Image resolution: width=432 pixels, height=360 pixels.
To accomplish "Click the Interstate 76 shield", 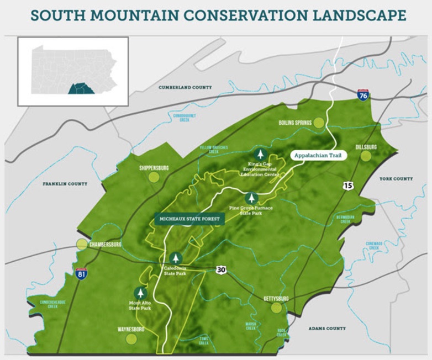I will click(x=363, y=94).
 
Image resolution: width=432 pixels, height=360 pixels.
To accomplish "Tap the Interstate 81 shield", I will click(x=81, y=273).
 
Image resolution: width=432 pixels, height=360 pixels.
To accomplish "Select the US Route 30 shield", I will click(x=222, y=269).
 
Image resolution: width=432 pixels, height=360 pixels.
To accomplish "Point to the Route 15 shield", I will click(x=347, y=186).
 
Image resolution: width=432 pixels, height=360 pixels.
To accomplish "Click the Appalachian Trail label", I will click(x=319, y=155).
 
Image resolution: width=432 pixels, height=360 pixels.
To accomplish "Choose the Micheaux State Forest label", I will click(x=189, y=219).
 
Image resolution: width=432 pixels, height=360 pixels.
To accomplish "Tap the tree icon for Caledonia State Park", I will click(x=176, y=258).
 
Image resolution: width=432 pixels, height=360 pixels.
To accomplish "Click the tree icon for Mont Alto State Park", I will click(x=141, y=293).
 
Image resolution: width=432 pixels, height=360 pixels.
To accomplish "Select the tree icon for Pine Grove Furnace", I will click(x=251, y=198).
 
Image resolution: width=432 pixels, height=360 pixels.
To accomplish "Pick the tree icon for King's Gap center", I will click(x=260, y=155).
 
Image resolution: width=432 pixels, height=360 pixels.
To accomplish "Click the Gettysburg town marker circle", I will click(x=276, y=308).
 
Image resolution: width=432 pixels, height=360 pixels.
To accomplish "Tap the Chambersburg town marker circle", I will click(x=82, y=244).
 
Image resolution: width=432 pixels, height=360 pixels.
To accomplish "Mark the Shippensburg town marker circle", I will click(x=154, y=177).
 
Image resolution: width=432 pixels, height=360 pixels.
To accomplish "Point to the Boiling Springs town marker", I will click(x=319, y=123).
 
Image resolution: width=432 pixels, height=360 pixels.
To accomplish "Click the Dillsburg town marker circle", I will click(x=366, y=156).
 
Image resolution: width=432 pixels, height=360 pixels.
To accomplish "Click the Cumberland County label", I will click(x=185, y=87).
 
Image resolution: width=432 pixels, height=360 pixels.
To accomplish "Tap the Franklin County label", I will click(x=65, y=183).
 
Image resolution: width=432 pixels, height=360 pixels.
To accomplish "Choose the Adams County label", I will click(x=328, y=329).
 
